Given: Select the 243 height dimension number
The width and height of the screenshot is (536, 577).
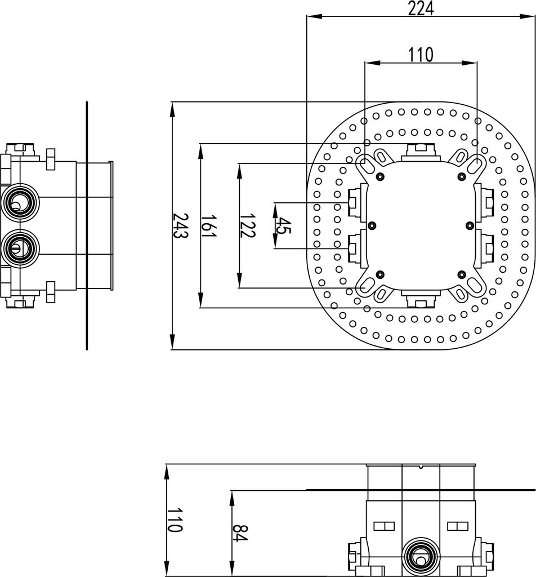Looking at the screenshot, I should click(x=180, y=225).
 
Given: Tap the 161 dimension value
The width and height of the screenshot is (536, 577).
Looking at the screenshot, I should click(x=209, y=225).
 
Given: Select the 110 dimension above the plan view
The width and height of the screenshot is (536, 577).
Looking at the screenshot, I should click(x=421, y=55).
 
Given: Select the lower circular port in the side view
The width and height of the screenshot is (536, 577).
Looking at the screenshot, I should click(x=21, y=246).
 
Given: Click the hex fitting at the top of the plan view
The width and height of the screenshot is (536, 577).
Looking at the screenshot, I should click(x=421, y=150).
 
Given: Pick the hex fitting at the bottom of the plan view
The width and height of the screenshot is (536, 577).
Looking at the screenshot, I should click(x=421, y=300).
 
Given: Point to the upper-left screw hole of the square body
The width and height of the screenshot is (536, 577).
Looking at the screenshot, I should click(x=379, y=177).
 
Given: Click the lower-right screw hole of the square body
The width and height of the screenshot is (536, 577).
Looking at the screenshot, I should click(x=462, y=274).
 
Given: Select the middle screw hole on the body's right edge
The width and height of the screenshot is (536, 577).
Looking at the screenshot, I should click(x=470, y=225).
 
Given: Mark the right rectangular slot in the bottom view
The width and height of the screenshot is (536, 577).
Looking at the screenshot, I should click(x=457, y=526).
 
